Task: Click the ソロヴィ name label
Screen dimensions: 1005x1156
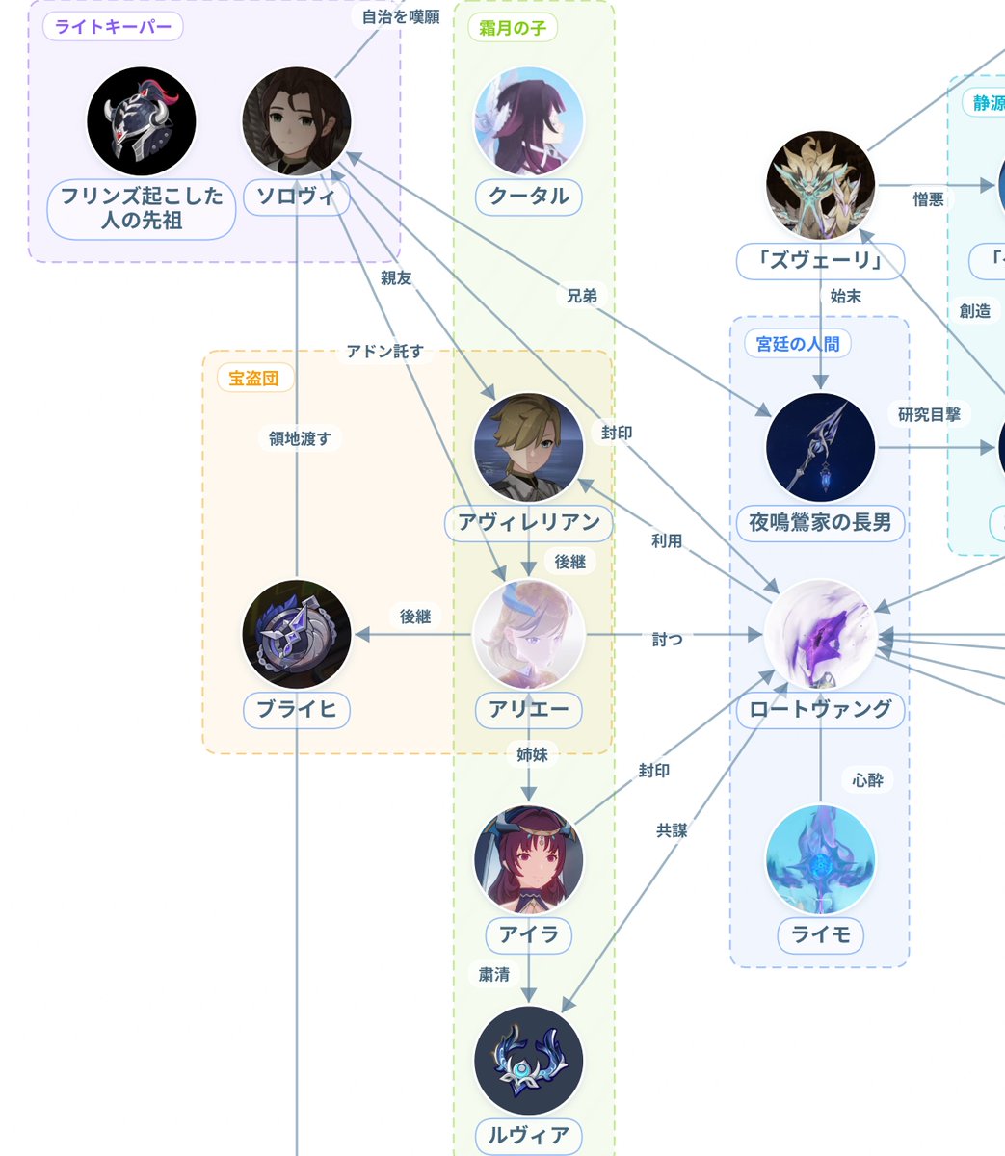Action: (x=297, y=197)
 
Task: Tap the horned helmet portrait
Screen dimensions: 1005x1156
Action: (x=142, y=121)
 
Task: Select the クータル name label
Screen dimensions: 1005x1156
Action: (x=529, y=197)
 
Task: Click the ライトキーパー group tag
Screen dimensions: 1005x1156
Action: (x=113, y=27)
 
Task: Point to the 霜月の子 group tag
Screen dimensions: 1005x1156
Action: (x=513, y=28)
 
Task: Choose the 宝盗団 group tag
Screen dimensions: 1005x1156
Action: (x=253, y=378)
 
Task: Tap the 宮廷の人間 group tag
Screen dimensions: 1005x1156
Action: (x=798, y=344)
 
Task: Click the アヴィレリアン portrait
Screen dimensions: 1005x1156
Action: (x=529, y=447)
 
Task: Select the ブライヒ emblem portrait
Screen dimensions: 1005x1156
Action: (x=297, y=634)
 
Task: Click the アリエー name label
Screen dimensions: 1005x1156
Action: (x=529, y=710)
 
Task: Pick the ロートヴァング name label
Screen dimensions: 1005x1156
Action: (x=820, y=710)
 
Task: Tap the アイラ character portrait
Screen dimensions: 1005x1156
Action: (x=529, y=860)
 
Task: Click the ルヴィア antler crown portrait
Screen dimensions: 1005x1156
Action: (x=529, y=1061)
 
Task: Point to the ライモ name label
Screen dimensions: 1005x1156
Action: (x=820, y=935)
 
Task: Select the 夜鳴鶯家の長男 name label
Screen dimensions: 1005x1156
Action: (x=820, y=523)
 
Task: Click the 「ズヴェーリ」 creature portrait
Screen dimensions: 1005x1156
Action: (x=820, y=185)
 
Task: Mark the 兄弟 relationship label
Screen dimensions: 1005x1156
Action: (x=581, y=296)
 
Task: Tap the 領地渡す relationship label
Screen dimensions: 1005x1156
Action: (x=300, y=438)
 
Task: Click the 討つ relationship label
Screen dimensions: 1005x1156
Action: (x=667, y=639)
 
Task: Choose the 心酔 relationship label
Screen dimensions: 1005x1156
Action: (x=868, y=780)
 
